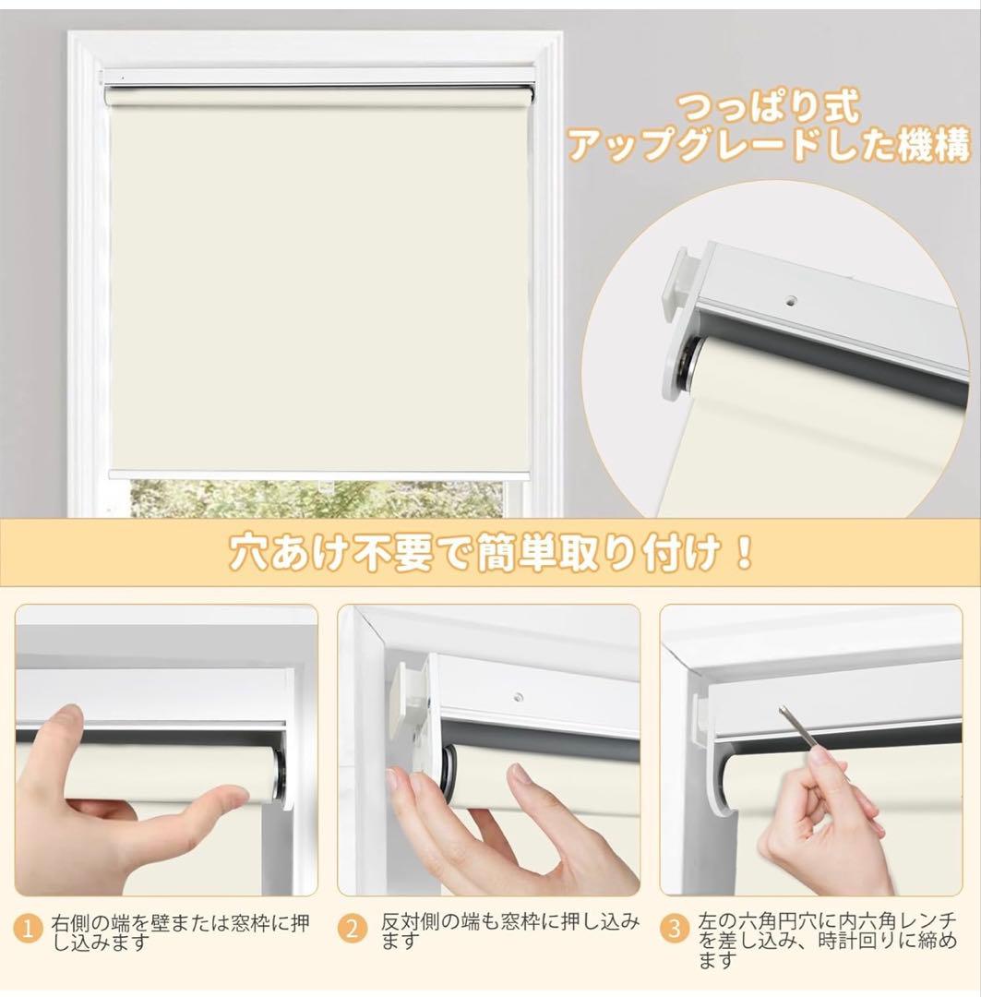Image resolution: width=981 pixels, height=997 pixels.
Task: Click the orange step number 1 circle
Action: (32, 930)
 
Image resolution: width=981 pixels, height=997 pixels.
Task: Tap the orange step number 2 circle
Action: (352, 930)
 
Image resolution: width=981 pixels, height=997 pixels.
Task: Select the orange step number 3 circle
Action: (676, 930)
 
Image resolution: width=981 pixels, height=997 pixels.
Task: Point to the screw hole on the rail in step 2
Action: (520, 696)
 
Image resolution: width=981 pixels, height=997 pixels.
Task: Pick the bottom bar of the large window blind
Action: (318, 474)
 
